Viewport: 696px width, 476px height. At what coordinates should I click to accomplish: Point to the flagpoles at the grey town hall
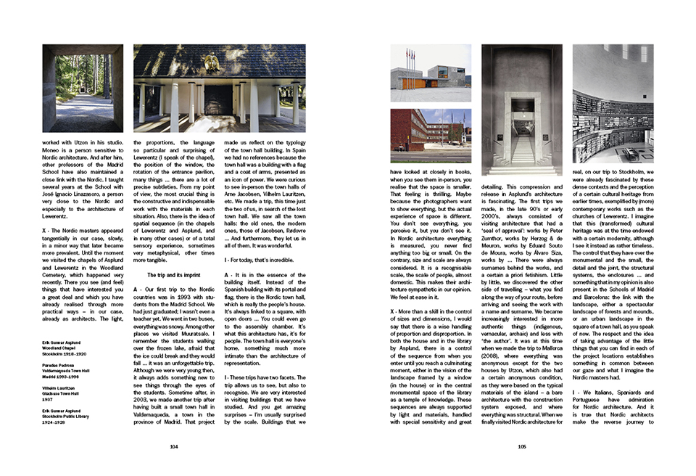pyautogui.click(x=412, y=59)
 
